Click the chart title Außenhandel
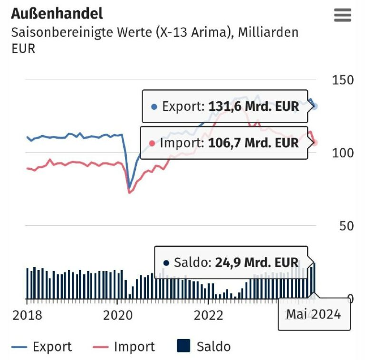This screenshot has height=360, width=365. [x=57, y=13]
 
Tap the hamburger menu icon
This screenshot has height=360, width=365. [x=343, y=15]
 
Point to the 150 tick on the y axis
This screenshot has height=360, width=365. [x=342, y=80]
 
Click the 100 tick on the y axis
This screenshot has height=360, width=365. [x=342, y=153]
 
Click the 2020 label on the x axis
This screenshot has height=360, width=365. [x=117, y=315]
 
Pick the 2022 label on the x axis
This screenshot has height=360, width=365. [x=208, y=315]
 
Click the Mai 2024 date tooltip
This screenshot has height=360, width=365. [x=314, y=314]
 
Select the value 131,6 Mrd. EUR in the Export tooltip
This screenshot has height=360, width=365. [x=254, y=106]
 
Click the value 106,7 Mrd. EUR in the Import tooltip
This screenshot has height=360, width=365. [x=253, y=142]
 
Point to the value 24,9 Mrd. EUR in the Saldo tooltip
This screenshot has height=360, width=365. [x=257, y=262]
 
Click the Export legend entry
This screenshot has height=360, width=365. [x=41, y=347]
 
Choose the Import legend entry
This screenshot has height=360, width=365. [x=125, y=347]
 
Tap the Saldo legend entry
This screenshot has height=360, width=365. [x=204, y=347]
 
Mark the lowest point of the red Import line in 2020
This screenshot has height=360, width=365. [x=129, y=192]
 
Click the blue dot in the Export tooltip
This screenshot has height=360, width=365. [x=154, y=107]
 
